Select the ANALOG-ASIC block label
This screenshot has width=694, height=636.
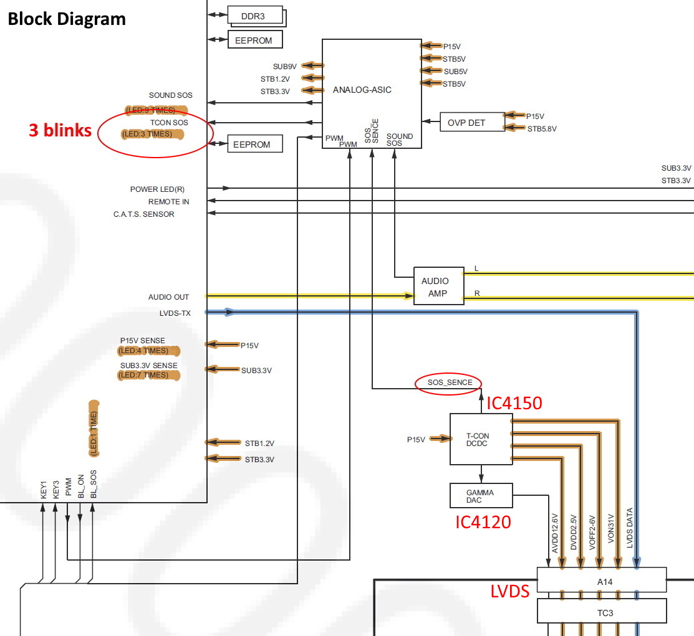point(362,90)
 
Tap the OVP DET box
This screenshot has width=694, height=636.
point(466,123)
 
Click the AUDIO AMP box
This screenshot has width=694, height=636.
point(438,287)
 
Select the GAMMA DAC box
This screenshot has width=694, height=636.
point(481,496)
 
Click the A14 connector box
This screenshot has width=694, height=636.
point(602,579)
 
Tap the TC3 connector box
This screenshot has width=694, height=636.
point(602,612)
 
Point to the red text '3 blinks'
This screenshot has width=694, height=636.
point(60,131)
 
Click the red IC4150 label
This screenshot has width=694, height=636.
point(514,404)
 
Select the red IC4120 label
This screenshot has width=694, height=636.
point(483,521)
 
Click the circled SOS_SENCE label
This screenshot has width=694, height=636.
point(450,382)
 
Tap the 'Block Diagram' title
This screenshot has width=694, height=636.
point(67,19)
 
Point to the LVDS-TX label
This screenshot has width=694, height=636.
point(176,313)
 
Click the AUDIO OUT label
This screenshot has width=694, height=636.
point(168,297)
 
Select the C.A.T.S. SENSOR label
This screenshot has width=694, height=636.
point(144,214)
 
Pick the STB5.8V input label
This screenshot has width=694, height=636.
point(542,129)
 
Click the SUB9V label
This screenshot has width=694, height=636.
point(285,65)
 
